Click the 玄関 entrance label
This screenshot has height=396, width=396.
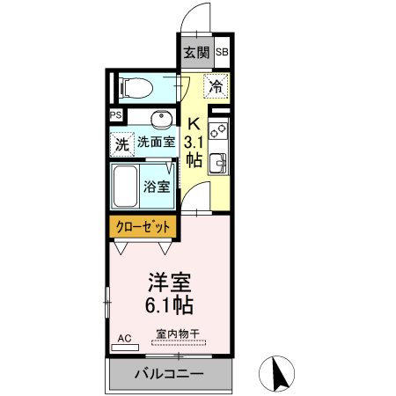tap(196, 52)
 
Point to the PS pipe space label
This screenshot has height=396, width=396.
tap(115, 115)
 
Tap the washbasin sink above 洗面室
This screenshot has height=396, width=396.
tap(158, 120)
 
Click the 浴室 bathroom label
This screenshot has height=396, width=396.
tap(158, 186)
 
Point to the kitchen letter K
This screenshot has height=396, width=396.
tap(195, 125)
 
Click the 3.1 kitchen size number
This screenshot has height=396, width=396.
tap(195, 142)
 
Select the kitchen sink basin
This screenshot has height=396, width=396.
tap(218, 165)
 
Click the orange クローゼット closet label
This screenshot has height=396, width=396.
tap(144, 227)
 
